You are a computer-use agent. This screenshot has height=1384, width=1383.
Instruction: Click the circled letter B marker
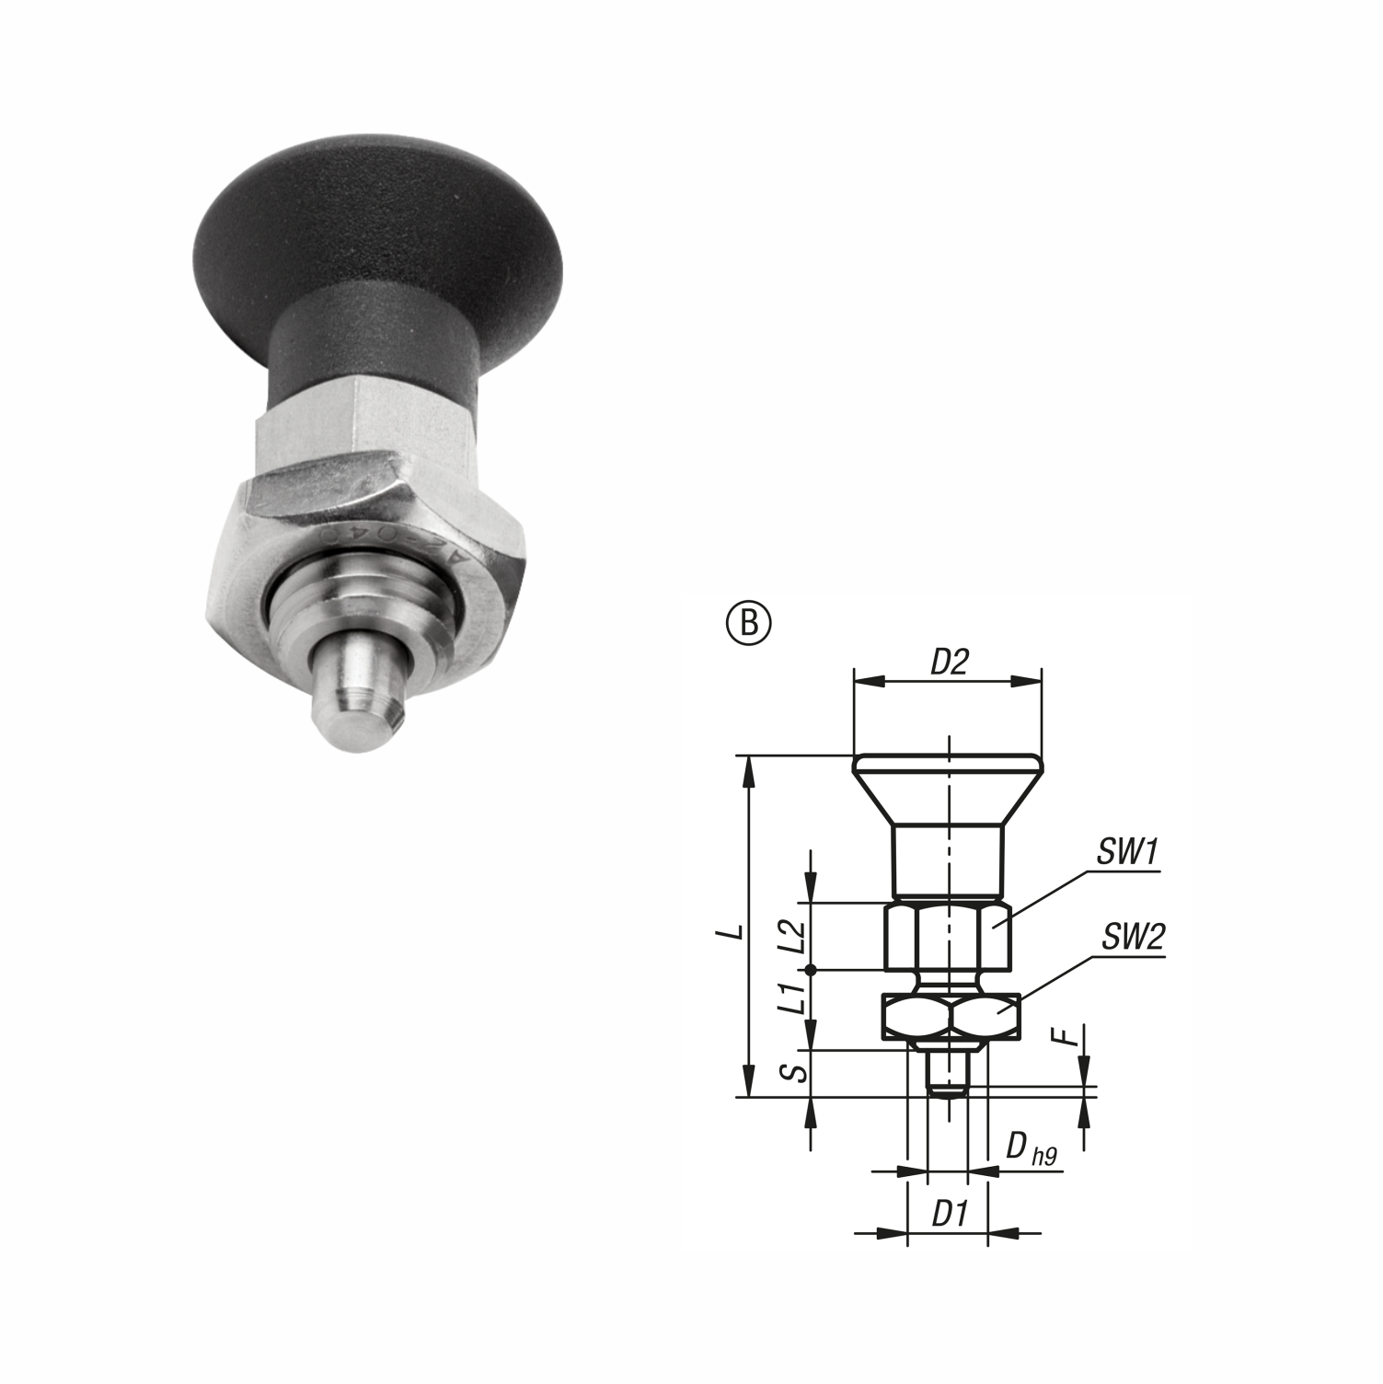click(749, 623)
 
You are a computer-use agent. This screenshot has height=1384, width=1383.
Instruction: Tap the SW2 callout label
click(1133, 938)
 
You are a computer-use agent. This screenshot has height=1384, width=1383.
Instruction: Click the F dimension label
click(1066, 1037)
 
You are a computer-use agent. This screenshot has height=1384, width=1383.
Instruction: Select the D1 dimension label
click(948, 1215)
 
